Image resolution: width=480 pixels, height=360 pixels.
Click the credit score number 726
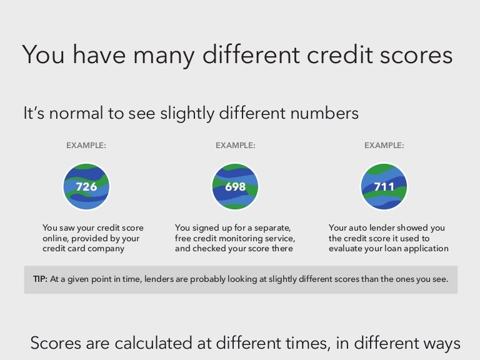(86, 186)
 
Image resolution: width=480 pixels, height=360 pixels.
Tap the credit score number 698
(235, 186)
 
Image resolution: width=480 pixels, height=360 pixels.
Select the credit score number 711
(384, 186)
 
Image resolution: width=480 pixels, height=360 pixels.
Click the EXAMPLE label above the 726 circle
(86, 146)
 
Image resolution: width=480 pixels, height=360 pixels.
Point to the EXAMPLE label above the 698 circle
(235, 146)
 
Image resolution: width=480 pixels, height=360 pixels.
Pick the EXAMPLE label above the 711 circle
(384, 146)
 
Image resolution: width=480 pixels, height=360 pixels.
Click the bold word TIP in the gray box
(40, 279)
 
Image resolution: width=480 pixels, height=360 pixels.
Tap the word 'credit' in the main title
(339, 54)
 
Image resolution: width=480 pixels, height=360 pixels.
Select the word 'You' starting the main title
(43, 55)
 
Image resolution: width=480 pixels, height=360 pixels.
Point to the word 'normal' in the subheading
(76, 113)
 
